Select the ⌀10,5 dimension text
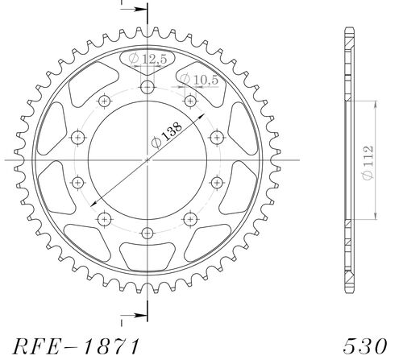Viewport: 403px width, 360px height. pyautogui.click(x=196, y=78)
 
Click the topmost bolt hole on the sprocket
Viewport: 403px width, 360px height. pyautogui.click(x=147, y=87)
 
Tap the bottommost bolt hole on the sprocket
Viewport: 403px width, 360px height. pyautogui.click(x=147, y=233)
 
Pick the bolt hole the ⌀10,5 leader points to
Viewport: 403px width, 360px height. pyautogui.click(x=190, y=101)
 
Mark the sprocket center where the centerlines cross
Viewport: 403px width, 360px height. pyautogui.click(x=147, y=159)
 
